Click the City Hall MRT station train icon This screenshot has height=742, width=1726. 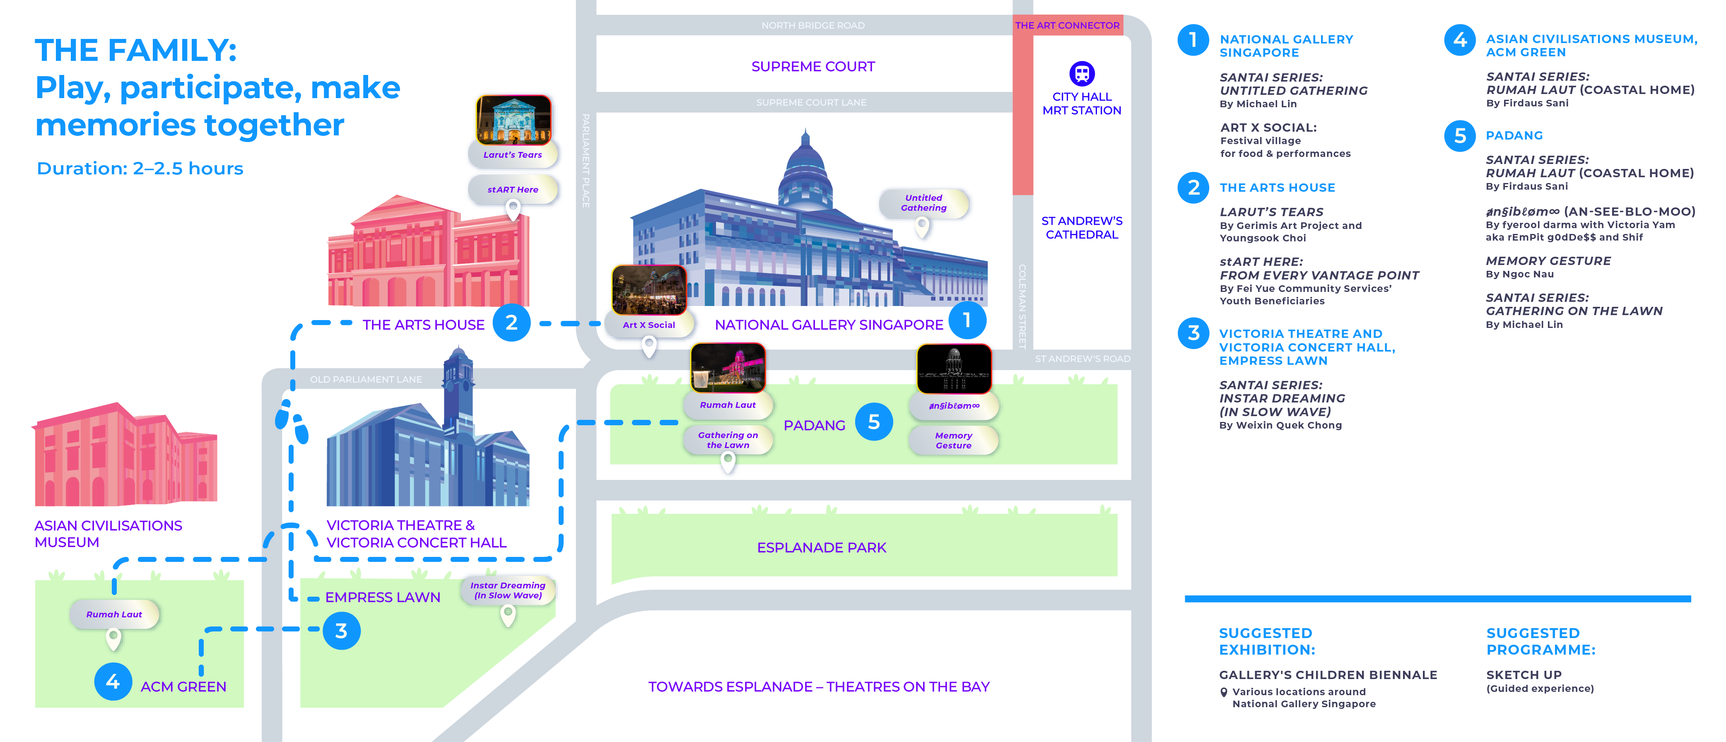coord(1081,73)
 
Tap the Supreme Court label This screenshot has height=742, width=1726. coord(813,66)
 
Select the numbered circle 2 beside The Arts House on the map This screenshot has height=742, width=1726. coord(511,323)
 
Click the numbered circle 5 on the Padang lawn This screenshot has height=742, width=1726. coord(874,422)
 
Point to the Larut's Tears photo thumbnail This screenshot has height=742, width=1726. coord(513,120)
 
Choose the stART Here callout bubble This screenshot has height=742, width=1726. coord(513,190)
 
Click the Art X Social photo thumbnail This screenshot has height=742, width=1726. coord(648,290)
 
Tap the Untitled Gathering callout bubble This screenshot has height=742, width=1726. coord(923,203)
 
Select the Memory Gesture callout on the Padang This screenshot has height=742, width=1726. coord(953,440)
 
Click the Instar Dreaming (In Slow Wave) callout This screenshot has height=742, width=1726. coord(508,590)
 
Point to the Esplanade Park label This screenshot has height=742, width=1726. coord(822,548)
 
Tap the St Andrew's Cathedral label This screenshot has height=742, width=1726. coord(1081,228)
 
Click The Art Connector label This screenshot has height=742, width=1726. coord(1067,25)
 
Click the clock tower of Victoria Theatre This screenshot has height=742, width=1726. coord(458,382)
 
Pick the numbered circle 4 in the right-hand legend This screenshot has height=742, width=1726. coord(1460,40)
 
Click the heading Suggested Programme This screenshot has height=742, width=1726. coord(1540,641)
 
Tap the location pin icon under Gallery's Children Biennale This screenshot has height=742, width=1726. coord(1223,692)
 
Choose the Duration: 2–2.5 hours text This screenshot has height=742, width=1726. coord(140,169)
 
